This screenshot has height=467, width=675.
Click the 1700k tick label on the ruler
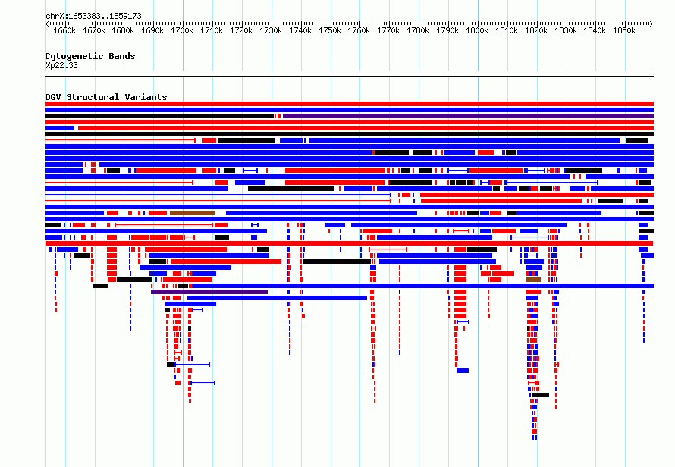[182, 30]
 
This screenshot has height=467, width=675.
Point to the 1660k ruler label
[64, 30]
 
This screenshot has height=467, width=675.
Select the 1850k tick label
[624, 30]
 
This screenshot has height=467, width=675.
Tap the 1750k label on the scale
[330, 30]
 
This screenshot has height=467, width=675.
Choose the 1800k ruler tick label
[477, 30]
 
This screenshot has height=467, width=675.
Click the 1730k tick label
[271, 30]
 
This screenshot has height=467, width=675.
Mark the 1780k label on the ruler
[418, 30]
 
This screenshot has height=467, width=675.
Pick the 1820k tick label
[536, 30]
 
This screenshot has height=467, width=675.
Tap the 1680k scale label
[123, 30]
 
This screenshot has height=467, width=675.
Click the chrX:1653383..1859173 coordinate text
[93, 16]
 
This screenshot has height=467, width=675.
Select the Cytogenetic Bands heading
[90, 56]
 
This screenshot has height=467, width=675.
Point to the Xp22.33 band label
[61, 65]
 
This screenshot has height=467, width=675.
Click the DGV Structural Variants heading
[106, 97]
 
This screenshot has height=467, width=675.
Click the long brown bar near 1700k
[193, 213]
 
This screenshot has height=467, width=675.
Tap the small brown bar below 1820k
[533, 280]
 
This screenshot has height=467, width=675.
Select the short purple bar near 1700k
[209, 292]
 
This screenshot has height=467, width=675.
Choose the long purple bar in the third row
[469, 116]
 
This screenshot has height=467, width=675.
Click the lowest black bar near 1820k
[540, 395]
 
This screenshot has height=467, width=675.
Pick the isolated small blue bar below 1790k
[463, 371]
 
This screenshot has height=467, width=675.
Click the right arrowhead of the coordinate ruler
[651, 24]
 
